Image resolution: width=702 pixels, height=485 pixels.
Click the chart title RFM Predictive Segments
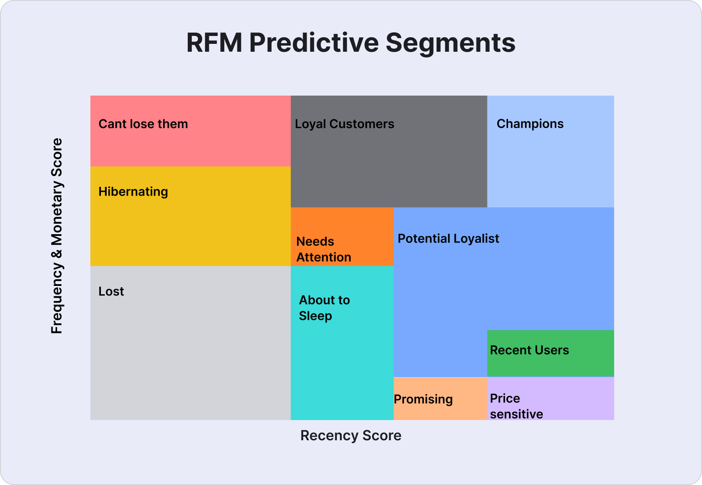point(351,43)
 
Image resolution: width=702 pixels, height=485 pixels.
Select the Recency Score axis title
point(351,435)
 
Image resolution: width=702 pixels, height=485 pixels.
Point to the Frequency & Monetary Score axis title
point(57,235)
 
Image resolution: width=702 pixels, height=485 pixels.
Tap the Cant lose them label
point(143,124)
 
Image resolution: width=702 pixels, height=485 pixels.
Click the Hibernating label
point(133,192)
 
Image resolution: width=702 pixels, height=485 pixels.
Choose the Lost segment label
point(111,291)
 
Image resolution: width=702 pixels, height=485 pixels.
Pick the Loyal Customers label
point(344,124)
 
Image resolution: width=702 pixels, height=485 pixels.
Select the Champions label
point(530,124)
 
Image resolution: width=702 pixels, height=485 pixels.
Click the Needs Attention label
point(324,250)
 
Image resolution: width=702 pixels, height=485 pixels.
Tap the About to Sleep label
point(324,308)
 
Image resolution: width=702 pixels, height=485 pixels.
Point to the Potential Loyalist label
point(448,239)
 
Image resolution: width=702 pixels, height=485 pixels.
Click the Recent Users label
point(529,350)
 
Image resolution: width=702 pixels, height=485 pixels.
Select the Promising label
point(423,399)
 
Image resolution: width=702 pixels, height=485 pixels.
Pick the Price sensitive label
point(516,407)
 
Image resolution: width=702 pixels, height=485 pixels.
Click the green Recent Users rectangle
point(550,353)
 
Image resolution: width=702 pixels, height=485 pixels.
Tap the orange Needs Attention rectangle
point(342,237)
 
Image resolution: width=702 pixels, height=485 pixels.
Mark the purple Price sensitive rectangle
point(550,399)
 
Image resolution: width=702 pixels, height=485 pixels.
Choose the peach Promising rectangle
point(441,399)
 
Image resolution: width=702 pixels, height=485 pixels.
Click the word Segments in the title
point(450,44)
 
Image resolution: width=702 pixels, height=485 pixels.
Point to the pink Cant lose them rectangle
point(190,131)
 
